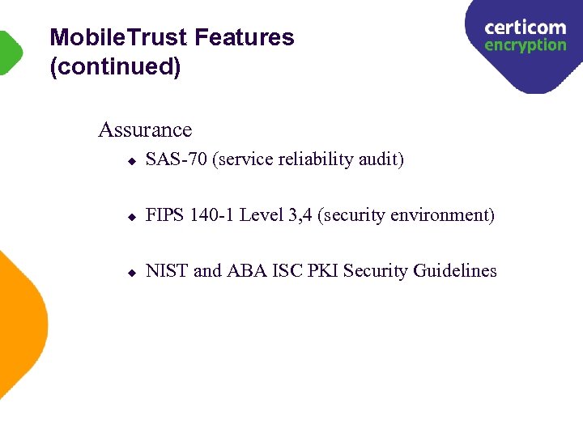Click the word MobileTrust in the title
(x=118, y=38)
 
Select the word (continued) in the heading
(x=115, y=67)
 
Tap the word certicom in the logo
(x=525, y=28)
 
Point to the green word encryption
(x=525, y=45)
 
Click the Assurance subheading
(x=145, y=129)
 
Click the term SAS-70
(x=176, y=159)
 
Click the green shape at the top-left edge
(x=10, y=53)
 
